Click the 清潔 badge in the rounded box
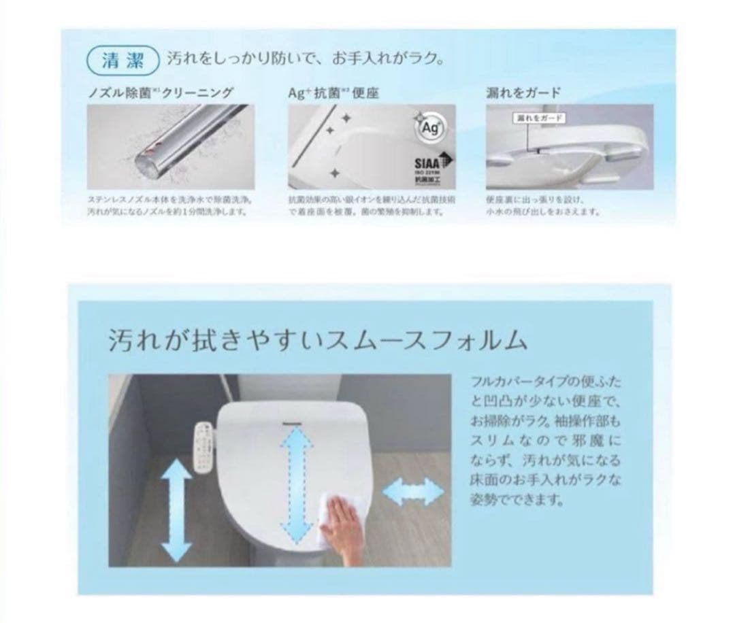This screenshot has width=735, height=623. (122, 59)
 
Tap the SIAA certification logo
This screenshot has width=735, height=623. (429, 167)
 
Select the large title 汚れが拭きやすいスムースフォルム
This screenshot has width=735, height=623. (317, 340)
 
